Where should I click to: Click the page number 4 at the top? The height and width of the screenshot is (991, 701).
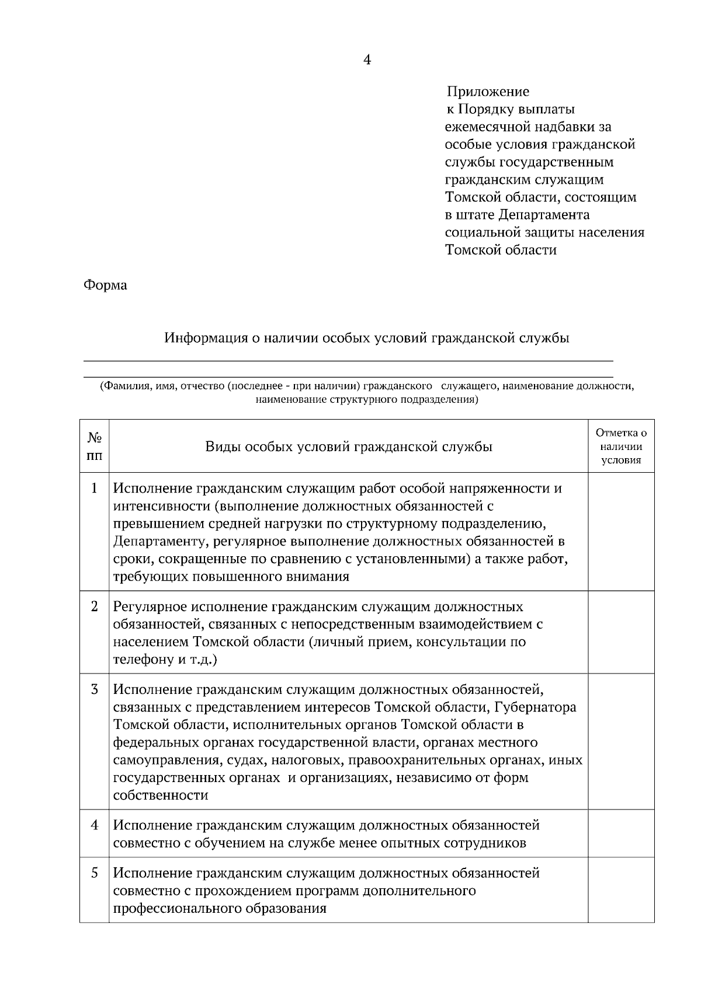click(367, 60)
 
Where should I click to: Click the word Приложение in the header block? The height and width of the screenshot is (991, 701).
click(488, 92)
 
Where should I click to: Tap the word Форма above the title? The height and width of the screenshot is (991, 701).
click(105, 285)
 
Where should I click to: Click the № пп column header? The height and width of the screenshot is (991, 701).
click(95, 446)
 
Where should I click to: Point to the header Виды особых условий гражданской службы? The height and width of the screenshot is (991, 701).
click(349, 446)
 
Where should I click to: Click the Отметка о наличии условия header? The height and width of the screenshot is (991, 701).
click(621, 446)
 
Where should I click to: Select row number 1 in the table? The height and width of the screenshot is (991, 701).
click(95, 488)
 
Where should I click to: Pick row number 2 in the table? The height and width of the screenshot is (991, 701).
click(95, 606)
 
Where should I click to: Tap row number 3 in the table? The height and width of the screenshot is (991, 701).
click(95, 689)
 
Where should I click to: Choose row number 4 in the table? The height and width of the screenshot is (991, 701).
click(95, 825)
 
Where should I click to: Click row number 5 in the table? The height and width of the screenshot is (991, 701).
click(95, 873)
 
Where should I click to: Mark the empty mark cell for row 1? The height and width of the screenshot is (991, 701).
click(621, 531)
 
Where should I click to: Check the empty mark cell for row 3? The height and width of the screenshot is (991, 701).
click(621, 741)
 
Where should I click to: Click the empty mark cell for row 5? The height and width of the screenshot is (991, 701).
click(621, 890)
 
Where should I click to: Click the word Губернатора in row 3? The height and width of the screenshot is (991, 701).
click(535, 707)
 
